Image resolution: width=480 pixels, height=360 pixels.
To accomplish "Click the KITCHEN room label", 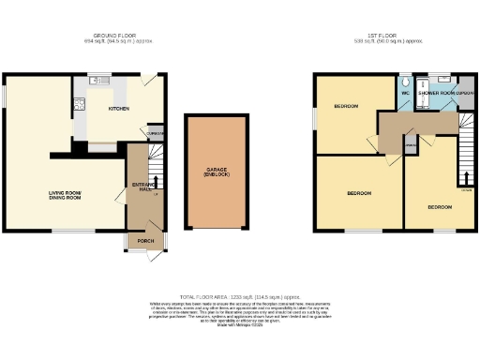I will tap(118, 109).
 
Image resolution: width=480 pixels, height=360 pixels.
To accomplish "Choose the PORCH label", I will tap(145, 241).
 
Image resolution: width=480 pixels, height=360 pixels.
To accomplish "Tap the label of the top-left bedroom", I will tap(347, 107).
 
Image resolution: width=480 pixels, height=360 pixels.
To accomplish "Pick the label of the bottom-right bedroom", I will tap(439, 206).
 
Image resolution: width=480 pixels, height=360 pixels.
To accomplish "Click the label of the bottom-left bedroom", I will tap(360, 194).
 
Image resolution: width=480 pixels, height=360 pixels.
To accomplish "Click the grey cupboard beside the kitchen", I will tap(156, 133).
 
